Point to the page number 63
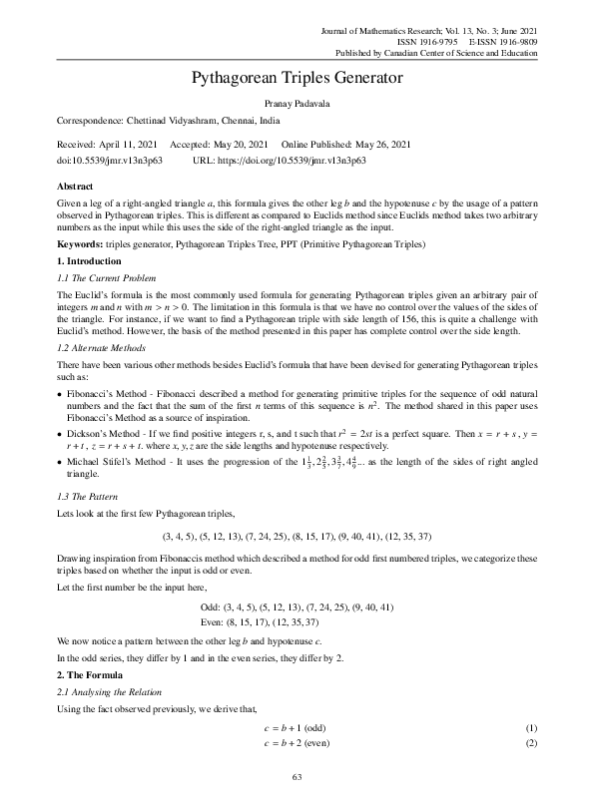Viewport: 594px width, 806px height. point(297,778)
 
